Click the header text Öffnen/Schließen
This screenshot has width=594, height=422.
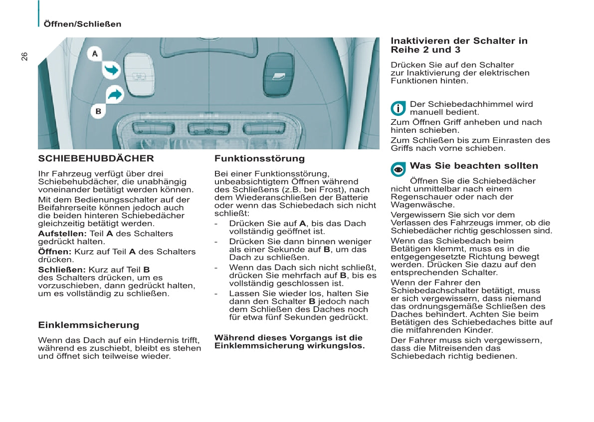82,24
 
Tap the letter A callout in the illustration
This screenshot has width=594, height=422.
95,53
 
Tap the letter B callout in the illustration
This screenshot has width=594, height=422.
98,111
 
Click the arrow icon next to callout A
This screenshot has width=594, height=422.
112,70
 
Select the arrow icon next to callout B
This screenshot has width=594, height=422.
115,94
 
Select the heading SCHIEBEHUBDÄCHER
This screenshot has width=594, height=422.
96,159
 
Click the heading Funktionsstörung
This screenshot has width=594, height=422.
259,159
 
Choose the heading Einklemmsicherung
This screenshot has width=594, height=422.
89,325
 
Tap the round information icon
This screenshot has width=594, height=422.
398,108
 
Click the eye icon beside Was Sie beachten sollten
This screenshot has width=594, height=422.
398,169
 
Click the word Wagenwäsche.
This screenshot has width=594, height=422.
415,205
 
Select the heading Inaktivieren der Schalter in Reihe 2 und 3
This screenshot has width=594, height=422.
459,45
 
